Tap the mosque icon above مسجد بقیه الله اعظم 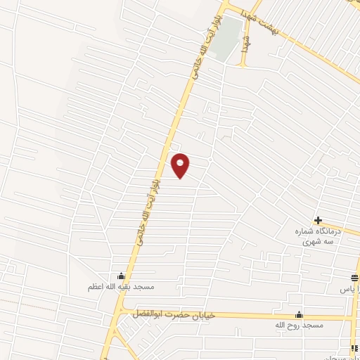(121, 276)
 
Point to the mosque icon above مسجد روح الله (300, 315)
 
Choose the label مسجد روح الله (300, 326)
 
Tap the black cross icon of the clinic (319, 220)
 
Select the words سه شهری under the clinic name (319, 240)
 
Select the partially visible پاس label (349, 289)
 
